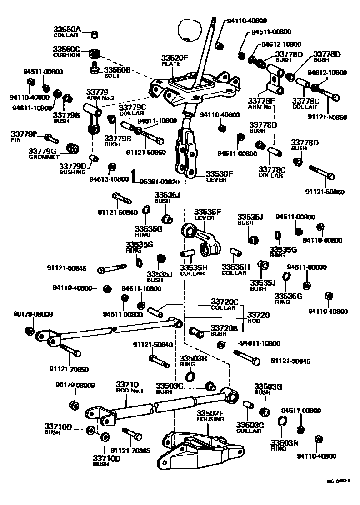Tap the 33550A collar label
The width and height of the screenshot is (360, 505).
[x=67, y=31]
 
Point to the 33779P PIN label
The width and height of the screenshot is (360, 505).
[x=25, y=136]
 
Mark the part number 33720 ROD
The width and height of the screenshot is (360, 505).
[x=258, y=317]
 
